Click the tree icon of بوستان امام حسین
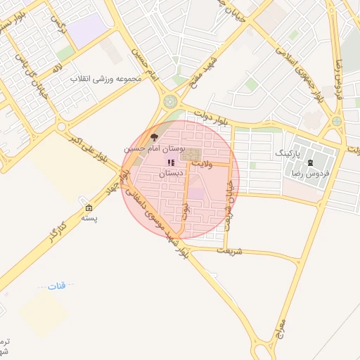154,138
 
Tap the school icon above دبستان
171,162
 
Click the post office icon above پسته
89,208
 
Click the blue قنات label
56,285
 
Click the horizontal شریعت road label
229,250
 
